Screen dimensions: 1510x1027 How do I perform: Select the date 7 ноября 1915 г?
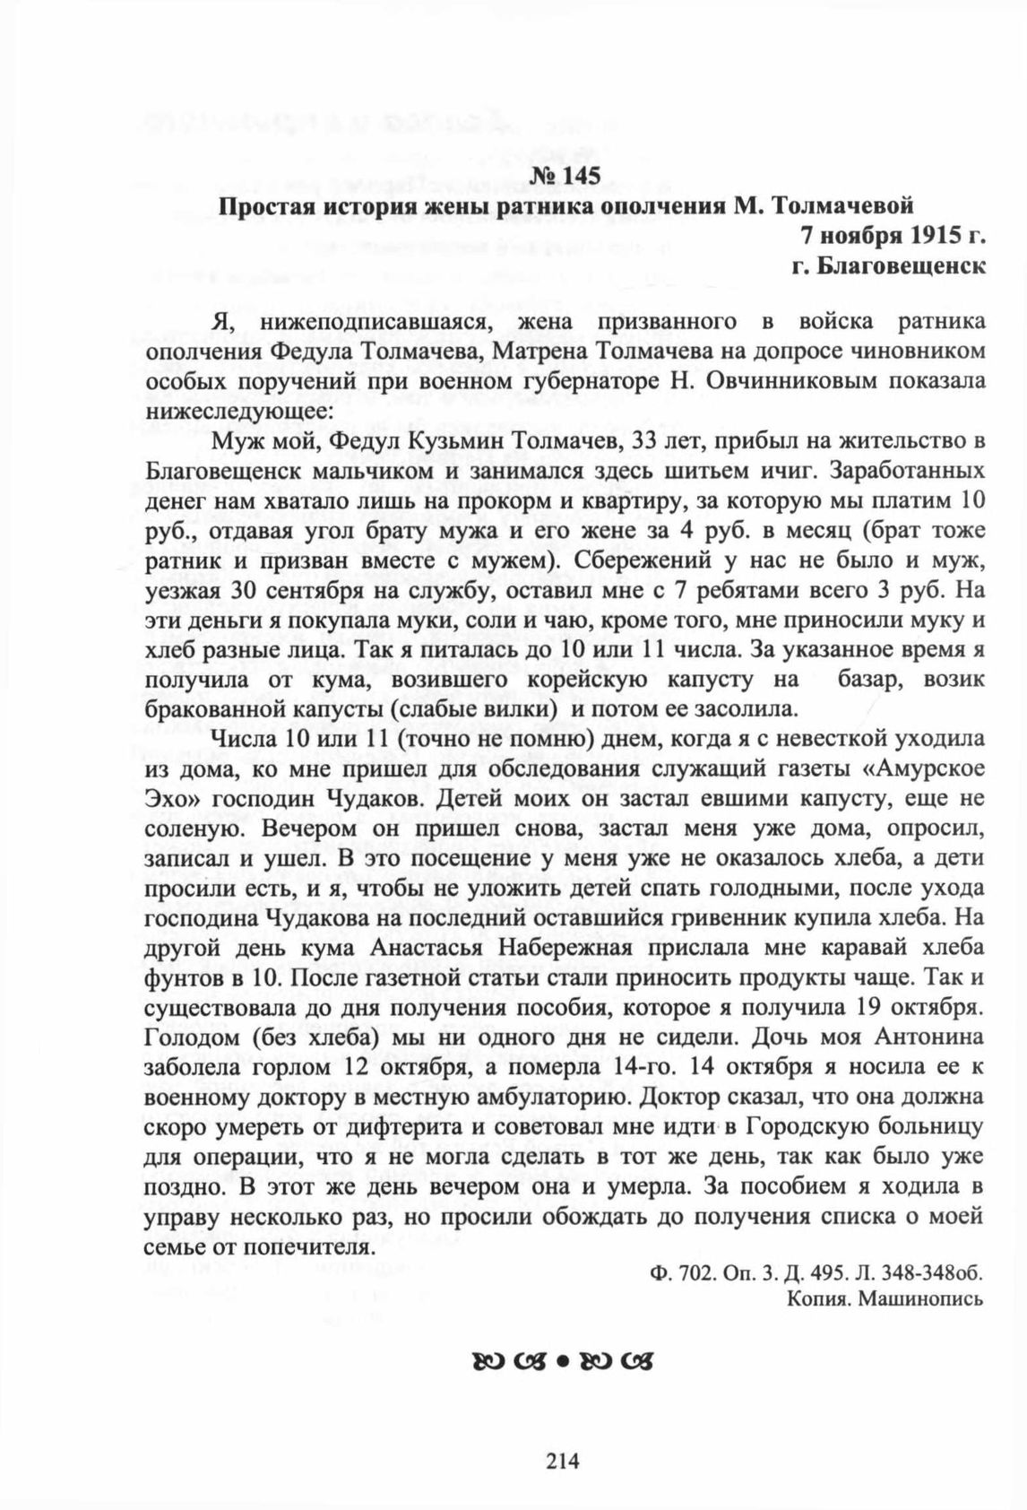tap(893, 237)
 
